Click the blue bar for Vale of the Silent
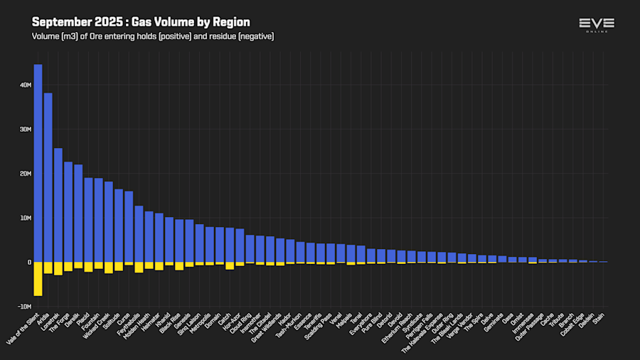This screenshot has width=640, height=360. pos(38,164)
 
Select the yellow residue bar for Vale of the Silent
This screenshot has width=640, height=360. pos(38,278)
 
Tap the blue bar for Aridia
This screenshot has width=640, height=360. pos(48,178)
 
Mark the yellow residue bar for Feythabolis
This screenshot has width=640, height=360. pos(139,267)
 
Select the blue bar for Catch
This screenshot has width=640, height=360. pos(230,245)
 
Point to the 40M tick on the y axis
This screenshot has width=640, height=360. pos(26,85)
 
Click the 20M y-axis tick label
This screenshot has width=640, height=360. pos(26,174)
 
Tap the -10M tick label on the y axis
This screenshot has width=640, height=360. pos(24,307)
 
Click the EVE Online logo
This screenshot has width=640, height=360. pos(597,25)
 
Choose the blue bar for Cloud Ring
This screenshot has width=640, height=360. pos(250,248)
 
